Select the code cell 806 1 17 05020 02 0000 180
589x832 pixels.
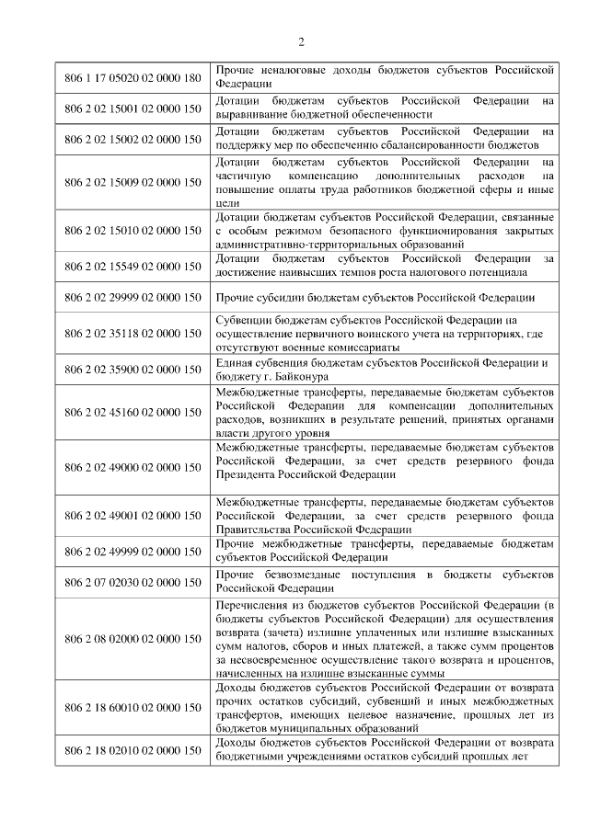(133, 76)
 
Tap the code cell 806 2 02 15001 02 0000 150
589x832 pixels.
(133, 108)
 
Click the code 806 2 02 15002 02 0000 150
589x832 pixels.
(133, 139)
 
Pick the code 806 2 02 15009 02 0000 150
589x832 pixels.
(133, 182)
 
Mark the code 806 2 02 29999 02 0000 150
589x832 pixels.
(133, 298)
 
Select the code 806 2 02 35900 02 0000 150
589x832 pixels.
(133, 370)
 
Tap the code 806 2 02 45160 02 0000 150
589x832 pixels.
(133, 412)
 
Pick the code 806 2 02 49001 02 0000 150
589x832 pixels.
(133, 516)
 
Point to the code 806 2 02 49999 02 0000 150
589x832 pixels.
(133, 552)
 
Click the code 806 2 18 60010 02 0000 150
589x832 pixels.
(133, 707)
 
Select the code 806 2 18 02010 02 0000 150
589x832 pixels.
(133, 749)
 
